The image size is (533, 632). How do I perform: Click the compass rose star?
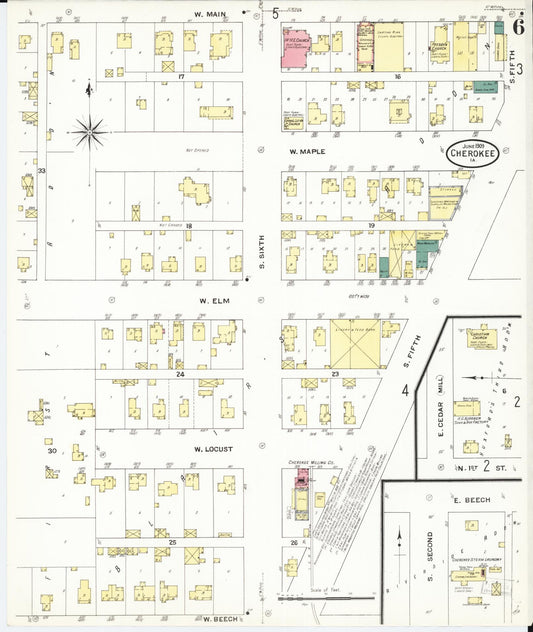pyautogui.click(x=90, y=128)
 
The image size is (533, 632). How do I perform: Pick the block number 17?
pyautogui.click(x=181, y=77)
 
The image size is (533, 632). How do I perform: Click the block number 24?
pyautogui.click(x=181, y=375)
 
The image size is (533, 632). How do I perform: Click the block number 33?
pyautogui.click(x=41, y=171)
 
